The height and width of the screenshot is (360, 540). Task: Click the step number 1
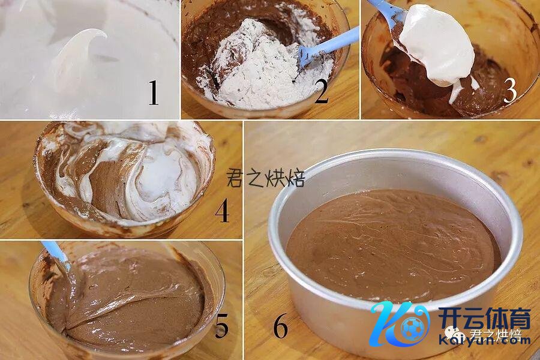[154, 92]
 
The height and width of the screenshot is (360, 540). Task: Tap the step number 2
[322, 91]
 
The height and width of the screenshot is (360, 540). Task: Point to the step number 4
[222, 210]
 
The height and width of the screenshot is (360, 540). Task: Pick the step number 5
[221, 326]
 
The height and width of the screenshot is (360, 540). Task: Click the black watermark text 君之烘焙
[266, 178]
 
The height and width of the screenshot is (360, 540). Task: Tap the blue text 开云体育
[484, 318]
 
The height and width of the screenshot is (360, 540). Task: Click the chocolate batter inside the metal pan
[393, 245]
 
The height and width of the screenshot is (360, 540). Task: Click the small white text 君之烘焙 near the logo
[496, 335]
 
